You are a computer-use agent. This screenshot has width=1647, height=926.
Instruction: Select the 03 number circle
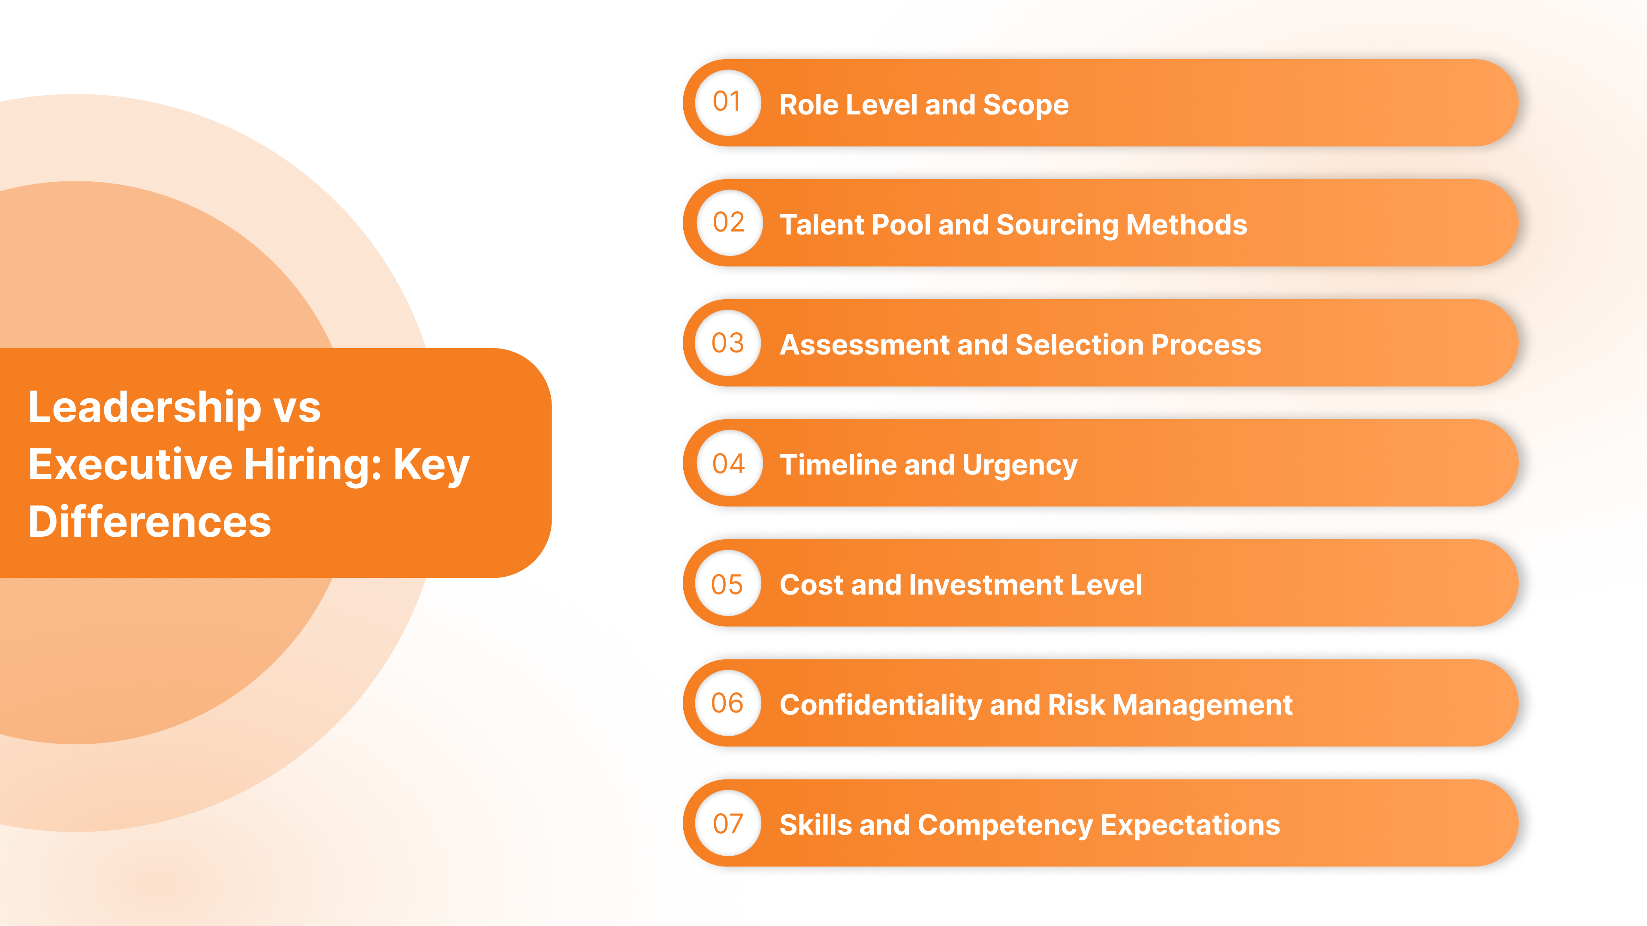[x=728, y=343]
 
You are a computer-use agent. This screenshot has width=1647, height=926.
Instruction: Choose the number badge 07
[x=728, y=823]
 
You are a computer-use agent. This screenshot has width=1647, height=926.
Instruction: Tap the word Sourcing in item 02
[x=1057, y=225]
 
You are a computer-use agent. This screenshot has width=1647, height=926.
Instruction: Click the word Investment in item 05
[x=986, y=585]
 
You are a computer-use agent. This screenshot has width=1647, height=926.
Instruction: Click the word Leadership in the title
[x=145, y=407]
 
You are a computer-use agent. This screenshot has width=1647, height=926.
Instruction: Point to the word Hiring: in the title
[x=313, y=465]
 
